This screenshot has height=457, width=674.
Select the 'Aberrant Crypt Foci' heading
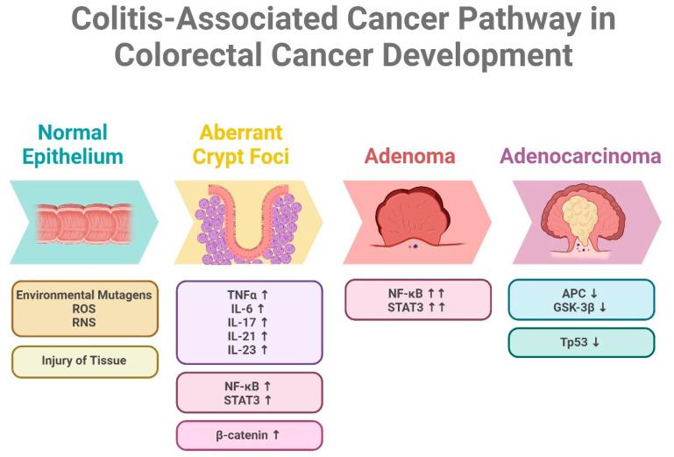click(240, 145)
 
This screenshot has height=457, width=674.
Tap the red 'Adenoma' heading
click(410, 156)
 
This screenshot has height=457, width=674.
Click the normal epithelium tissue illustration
click(84, 223)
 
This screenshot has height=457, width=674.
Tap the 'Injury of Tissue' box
click(84, 360)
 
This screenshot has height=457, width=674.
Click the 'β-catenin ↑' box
click(249, 435)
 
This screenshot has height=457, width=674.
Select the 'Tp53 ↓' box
click(581, 342)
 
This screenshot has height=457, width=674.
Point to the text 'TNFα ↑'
click(249, 296)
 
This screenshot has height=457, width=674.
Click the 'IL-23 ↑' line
click(249, 348)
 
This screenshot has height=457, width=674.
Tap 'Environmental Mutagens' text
click(84, 295)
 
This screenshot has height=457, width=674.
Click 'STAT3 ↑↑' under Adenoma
click(417, 306)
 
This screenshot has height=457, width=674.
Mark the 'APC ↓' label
click(581, 293)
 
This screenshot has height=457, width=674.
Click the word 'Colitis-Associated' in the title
click(207, 18)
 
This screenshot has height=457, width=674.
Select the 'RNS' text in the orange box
click(84, 321)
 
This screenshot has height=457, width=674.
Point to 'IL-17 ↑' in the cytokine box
click(249, 322)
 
